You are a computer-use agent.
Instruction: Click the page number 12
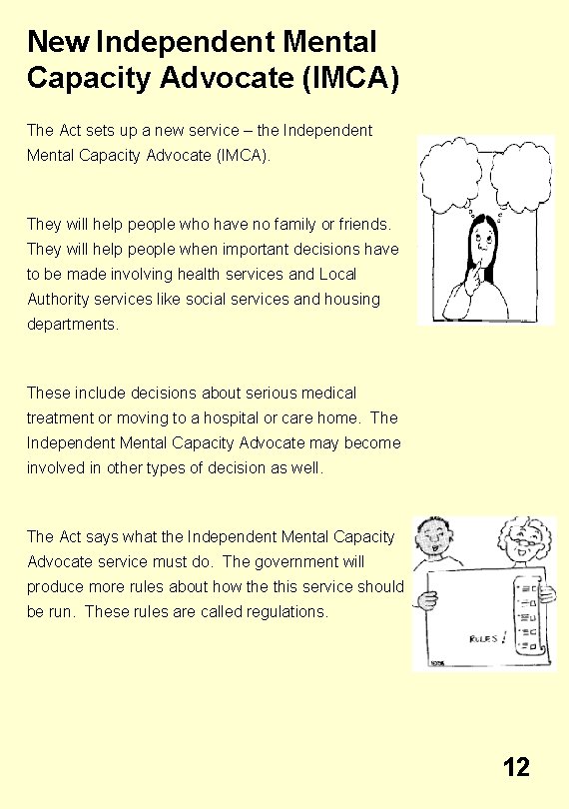click(516, 767)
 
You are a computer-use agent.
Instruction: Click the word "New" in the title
click(59, 42)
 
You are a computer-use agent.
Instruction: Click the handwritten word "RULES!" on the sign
click(488, 636)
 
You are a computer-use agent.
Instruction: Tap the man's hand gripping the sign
click(427, 600)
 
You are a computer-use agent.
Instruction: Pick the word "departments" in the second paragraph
click(72, 324)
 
